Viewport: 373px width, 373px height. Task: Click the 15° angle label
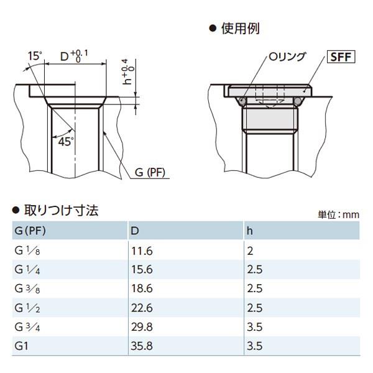(x=35, y=56)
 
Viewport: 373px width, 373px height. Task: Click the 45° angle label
(x=66, y=142)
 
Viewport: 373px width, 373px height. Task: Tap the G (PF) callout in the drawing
(x=150, y=172)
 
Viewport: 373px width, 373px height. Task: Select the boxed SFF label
(x=341, y=57)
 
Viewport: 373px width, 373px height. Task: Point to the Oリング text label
(x=287, y=57)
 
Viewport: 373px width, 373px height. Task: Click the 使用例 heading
(x=240, y=29)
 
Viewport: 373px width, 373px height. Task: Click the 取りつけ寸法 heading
(x=62, y=211)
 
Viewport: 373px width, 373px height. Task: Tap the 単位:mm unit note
(x=339, y=215)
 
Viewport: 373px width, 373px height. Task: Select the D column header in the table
(x=135, y=231)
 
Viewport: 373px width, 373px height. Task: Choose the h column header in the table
(x=249, y=231)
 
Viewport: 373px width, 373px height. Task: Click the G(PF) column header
(x=30, y=231)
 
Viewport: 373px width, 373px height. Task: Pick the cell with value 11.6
(x=142, y=251)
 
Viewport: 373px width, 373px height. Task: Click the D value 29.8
(x=142, y=327)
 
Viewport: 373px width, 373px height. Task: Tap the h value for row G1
(x=254, y=346)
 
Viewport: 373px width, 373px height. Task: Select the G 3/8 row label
(x=27, y=289)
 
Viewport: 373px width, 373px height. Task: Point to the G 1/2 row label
(x=27, y=308)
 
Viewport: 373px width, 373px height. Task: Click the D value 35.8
(x=142, y=346)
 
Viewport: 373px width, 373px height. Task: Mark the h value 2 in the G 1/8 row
(x=250, y=251)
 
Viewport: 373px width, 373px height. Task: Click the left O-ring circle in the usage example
(x=242, y=101)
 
